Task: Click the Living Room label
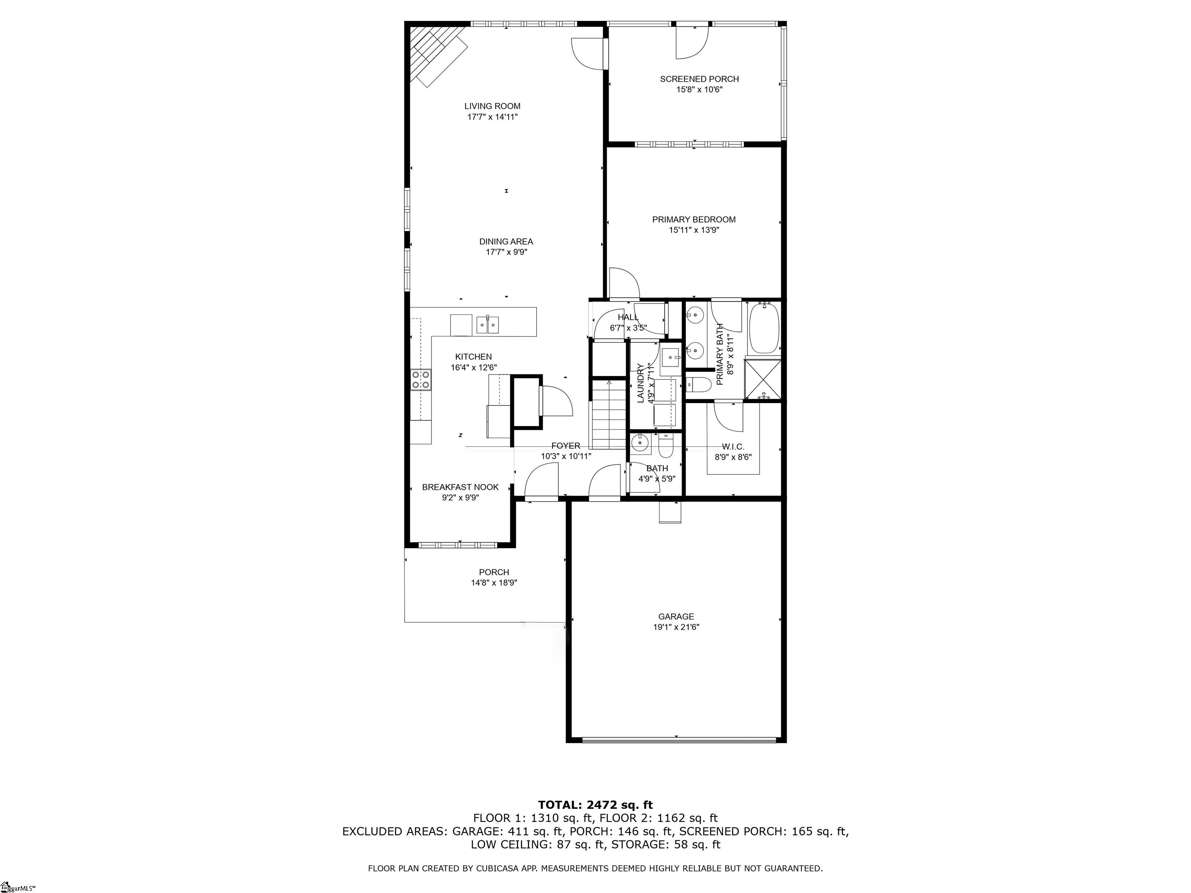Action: [492, 106]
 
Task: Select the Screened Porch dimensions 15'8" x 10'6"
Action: [699, 90]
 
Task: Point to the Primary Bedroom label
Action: [694, 220]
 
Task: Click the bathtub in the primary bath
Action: [763, 328]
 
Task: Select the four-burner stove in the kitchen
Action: [421, 379]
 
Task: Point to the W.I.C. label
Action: [733, 447]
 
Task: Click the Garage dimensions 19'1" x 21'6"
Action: [676, 627]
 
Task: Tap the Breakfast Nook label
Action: [460, 487]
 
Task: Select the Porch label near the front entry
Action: [494, 572]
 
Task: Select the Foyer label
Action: [565, 446]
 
